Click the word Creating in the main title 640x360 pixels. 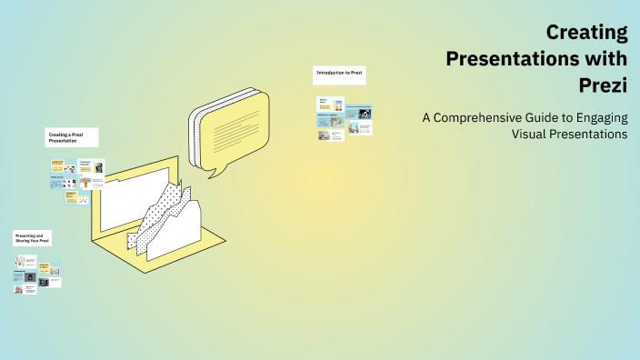tap(586, 34)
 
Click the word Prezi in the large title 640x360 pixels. tap(603, 85)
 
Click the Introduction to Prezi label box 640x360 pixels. tap(339, 74)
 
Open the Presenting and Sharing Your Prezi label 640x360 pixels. tap(32, 237)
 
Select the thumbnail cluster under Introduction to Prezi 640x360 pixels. tap(345, 118)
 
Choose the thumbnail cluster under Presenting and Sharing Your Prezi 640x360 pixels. tap(37, 275)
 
